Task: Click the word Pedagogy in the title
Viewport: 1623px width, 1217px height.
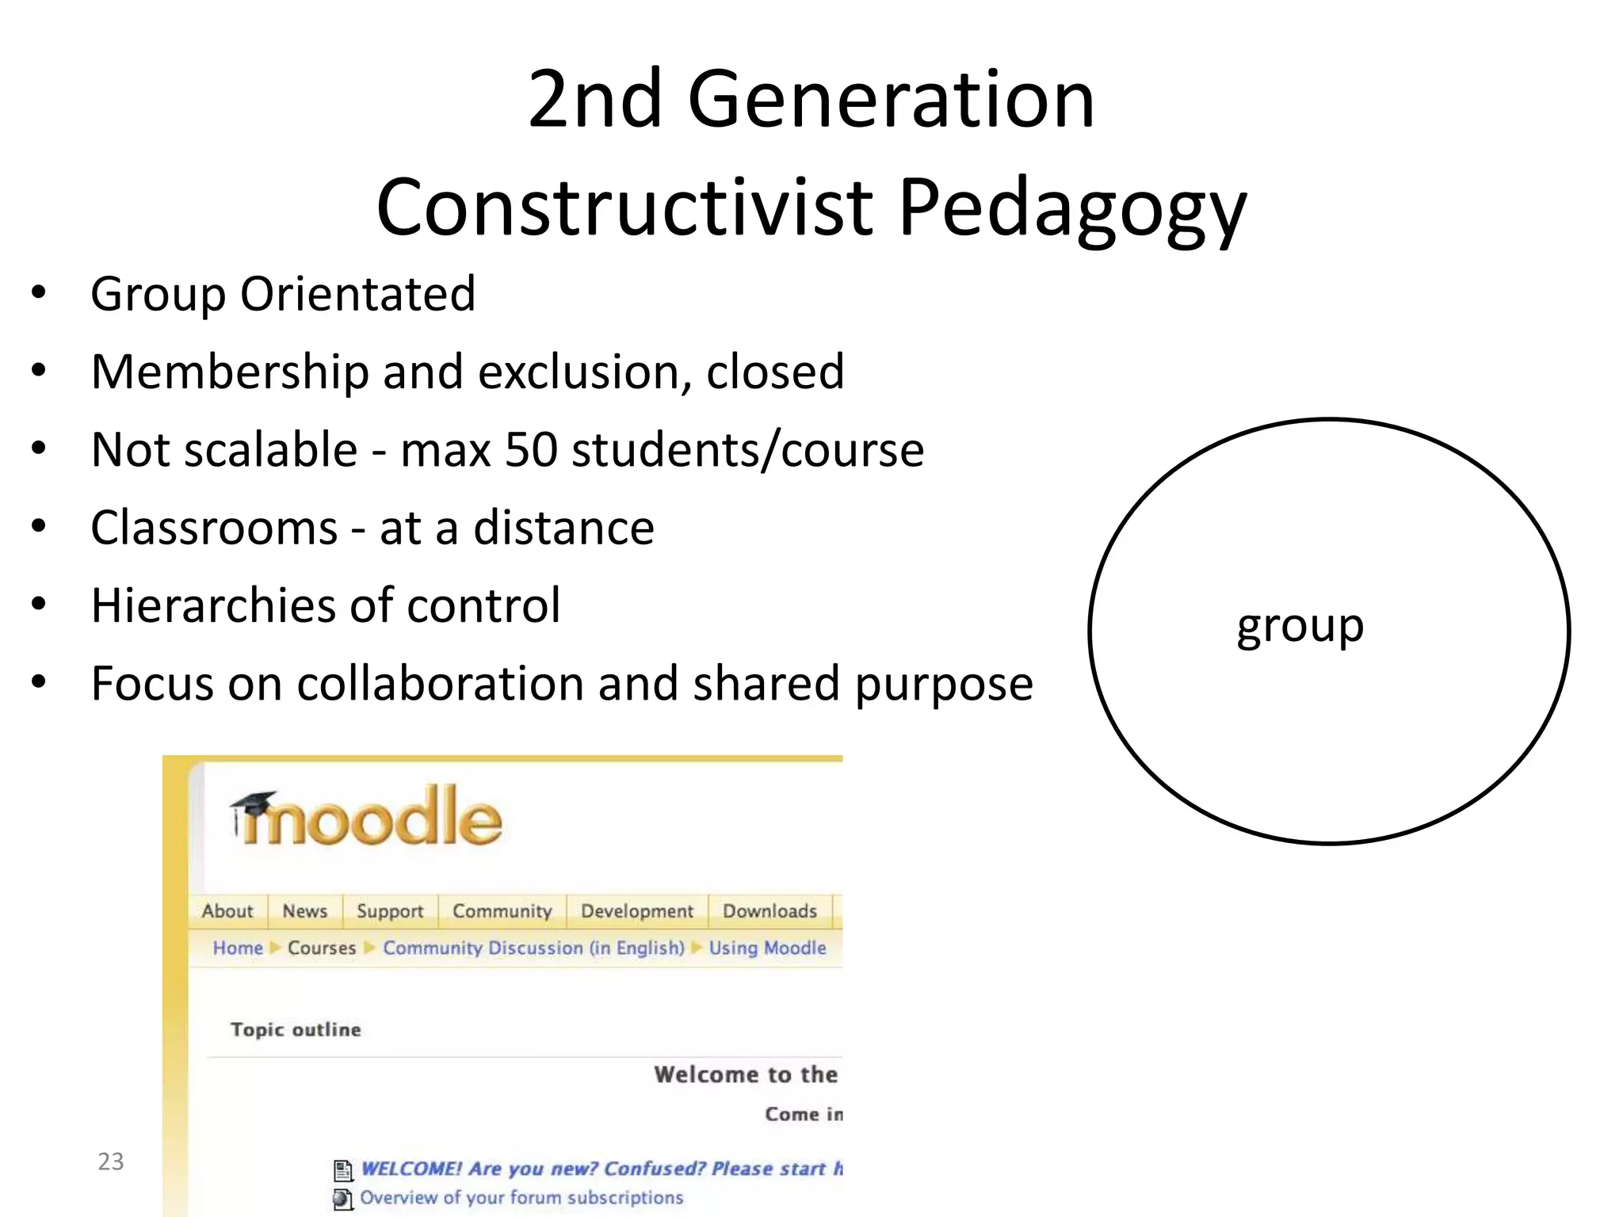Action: (x=1072, y=208)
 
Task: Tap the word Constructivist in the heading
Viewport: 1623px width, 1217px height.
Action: (x=624, y=208)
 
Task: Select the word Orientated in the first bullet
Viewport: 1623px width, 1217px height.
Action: (x=357, y=294)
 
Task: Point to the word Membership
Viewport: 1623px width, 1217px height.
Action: (x=230, y=372)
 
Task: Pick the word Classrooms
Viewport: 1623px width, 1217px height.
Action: (x=214, y=528)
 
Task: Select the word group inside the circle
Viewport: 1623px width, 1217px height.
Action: (x=1300, y=626)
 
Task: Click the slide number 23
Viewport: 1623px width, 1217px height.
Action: (x=111, y=1162)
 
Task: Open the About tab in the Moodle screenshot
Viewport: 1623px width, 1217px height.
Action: (x=227, y=911)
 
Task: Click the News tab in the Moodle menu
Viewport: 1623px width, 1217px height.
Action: (x=305, y=911)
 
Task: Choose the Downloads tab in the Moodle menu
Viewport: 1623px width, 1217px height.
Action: (x=769, y=911)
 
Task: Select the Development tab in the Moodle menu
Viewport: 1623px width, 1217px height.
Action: (x=637, y=911)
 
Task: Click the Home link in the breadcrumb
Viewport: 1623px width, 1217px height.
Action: (x=238, y=948)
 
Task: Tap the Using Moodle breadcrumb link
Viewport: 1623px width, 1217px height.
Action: (x=767, y=948)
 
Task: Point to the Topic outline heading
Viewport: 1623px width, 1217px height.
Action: (x=296, y=1029)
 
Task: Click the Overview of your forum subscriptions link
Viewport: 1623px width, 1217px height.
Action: (x=521, y=1197)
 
